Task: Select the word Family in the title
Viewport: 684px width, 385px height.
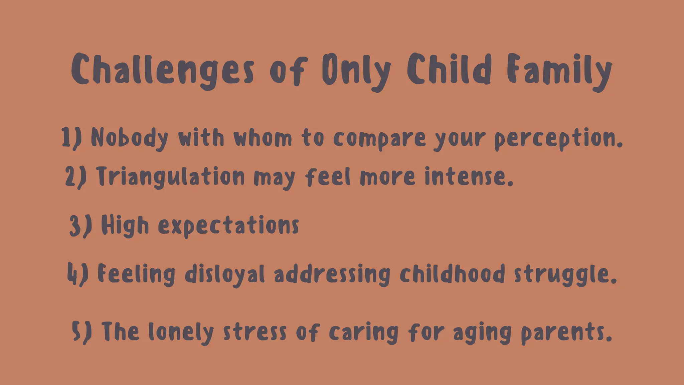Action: pos(559,71)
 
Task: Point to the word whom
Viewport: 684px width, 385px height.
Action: pos(263,138)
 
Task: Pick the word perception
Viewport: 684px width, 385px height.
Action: pos(558,139)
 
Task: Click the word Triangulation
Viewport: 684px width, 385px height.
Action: pos(171,177)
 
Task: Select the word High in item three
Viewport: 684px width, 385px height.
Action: pos(125,226)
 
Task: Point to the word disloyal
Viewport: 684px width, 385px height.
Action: pos(225,275)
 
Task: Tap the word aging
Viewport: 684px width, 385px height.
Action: pos(482,333)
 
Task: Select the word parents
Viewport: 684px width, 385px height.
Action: pos(566,333)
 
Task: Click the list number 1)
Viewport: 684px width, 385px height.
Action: pos(71,138)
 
